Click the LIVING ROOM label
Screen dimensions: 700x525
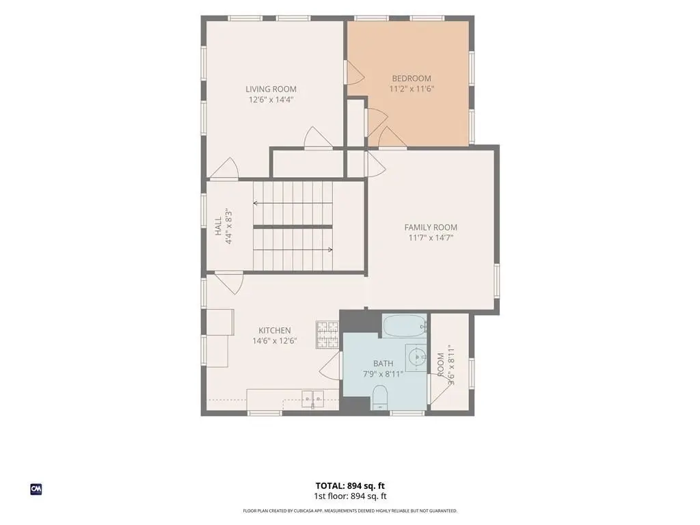pyautogui.click(x=271, y=90)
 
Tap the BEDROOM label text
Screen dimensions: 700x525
pyautogui.click(x=412, y=79)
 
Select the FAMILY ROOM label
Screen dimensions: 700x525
pyautogui.click(x=431, y=227)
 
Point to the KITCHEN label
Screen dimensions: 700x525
pyautogui.click(x=275, y=330)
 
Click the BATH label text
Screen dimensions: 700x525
pyautogui.click(x=383, y=364)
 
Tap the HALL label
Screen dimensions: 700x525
pyautogui.click(x=218, y=226)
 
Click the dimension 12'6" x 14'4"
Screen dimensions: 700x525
pyautogui.click(x=271, y=100)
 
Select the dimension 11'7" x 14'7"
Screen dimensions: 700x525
pyautogui.click(x=431, y=237)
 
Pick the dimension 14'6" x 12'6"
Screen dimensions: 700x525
pyautogui.click(x=275, y=341)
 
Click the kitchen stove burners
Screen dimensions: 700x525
pyautogui.click(x=327, y=334)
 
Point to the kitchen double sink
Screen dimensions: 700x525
pyautogui.click(x=313, y=397)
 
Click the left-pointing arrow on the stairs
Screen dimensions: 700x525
pyautogui.click(x=293, y=204)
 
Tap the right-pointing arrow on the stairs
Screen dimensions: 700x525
pyautogui.click(x=293, y=250)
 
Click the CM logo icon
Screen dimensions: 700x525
pyautogui.click(x=36, y=489)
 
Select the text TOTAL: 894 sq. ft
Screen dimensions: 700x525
pyautogui.click(x=350, y=486)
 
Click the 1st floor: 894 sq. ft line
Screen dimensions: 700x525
pyautogui.click(x=350, y=496)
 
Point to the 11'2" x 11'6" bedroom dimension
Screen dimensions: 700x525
pyautogui.click(x=412, y=89)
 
